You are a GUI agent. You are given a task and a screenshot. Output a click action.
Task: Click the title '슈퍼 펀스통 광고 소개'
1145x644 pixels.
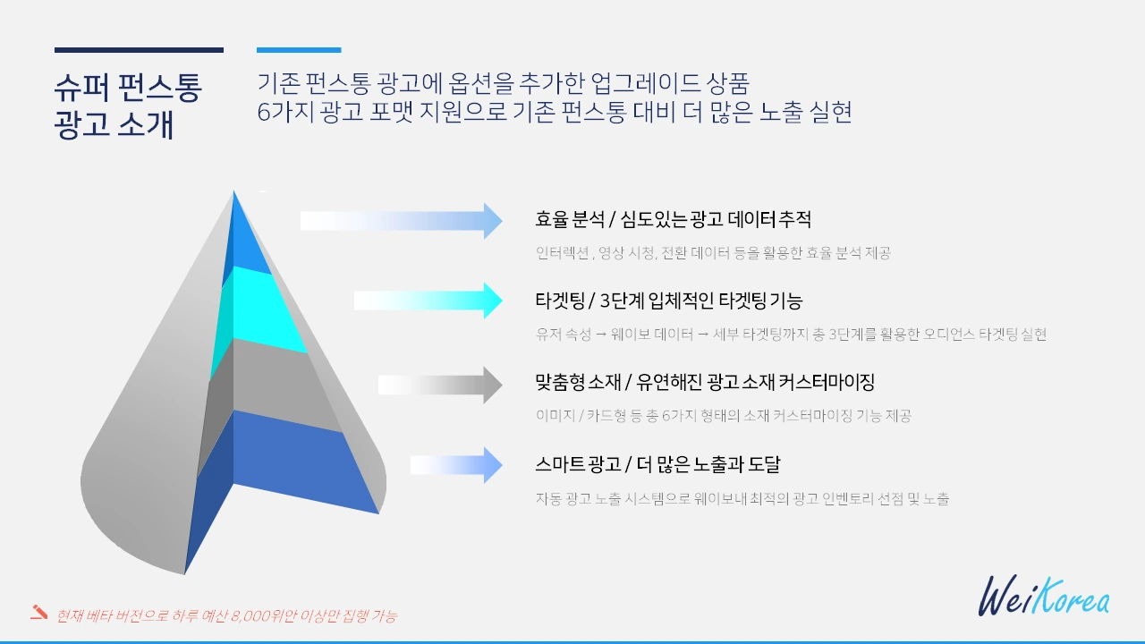point(128,106)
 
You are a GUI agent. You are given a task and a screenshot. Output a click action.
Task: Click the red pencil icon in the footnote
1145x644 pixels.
point(38,613)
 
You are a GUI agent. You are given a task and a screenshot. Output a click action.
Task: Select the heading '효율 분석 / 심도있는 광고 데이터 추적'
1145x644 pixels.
point(673,219)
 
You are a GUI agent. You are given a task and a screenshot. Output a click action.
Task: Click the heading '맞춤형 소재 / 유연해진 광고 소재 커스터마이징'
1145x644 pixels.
point(704,383)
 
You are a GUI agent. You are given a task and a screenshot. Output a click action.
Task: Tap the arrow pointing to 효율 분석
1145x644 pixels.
point(402,220)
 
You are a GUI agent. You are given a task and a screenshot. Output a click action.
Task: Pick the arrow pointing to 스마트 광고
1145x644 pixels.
point(456,465)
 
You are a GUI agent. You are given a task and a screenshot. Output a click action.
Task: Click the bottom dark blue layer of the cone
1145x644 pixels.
point(295,461)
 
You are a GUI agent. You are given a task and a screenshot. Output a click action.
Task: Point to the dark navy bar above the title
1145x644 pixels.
point(139,50)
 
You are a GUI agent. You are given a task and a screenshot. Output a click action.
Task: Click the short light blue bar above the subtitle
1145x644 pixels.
point(299,50)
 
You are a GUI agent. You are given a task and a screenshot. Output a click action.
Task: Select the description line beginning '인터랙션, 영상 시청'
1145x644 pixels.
point(713,253)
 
